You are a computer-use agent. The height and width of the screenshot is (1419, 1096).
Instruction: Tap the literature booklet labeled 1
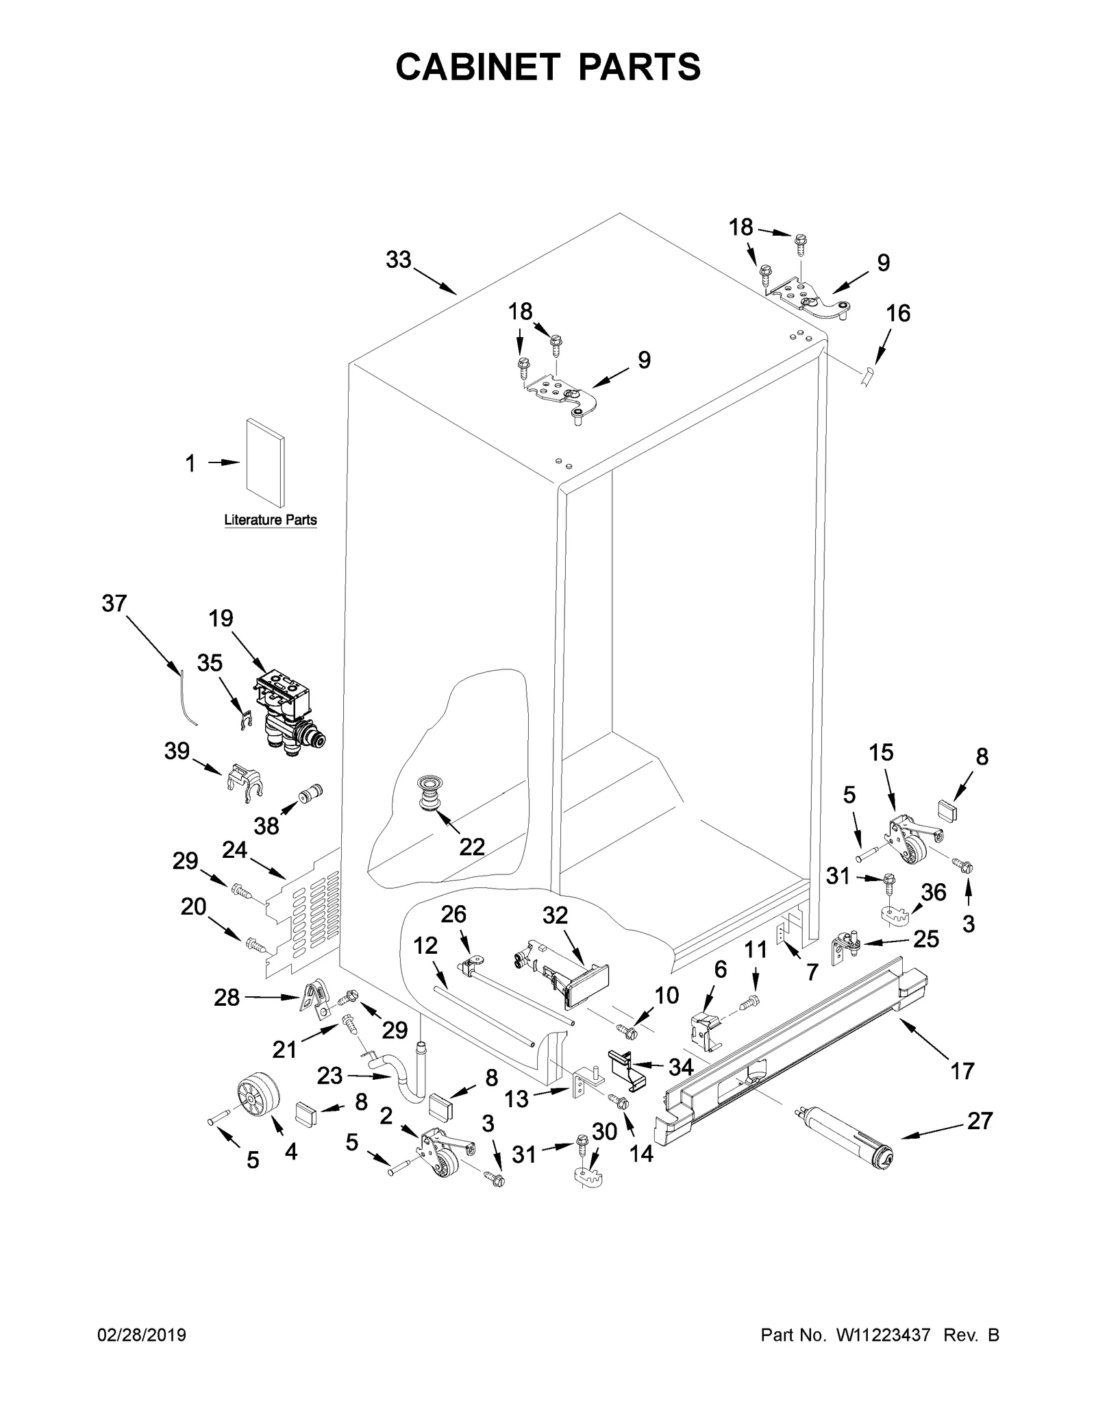coord(264,465)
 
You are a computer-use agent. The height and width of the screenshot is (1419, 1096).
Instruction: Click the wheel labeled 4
coord(260,1097)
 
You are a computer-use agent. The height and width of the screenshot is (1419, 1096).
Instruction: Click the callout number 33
coord(398,260)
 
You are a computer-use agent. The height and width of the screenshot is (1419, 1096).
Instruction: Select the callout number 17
coord(962,1070)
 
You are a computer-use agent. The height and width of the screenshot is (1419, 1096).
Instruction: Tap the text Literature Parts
coord(271,520)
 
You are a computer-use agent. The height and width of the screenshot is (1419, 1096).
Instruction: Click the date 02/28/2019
coord(142,1335)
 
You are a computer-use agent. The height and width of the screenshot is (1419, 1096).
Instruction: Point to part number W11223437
coord(882,1335)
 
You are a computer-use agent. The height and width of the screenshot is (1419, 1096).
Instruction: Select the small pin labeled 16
coord(868,376)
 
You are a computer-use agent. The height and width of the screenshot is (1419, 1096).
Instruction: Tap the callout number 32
coord(555,915)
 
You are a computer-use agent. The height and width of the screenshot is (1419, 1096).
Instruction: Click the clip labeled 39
coord(243,782)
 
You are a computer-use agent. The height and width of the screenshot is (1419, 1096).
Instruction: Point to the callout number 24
coord(234,850)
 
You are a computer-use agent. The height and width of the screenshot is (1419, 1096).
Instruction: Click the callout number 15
coord(881,752)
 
